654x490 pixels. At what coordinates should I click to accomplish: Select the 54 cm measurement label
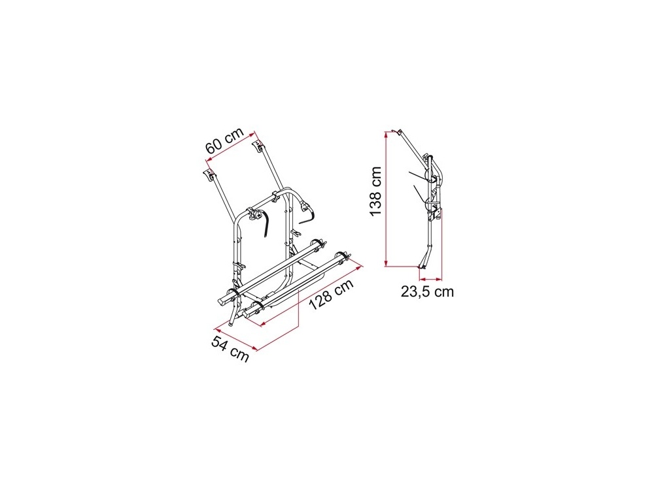230,348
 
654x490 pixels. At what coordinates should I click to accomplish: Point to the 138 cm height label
376,191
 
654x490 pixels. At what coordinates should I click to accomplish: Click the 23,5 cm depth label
427,291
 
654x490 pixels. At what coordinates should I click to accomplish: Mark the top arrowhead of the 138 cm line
387,133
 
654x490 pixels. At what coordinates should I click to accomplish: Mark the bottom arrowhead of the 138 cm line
387,263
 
